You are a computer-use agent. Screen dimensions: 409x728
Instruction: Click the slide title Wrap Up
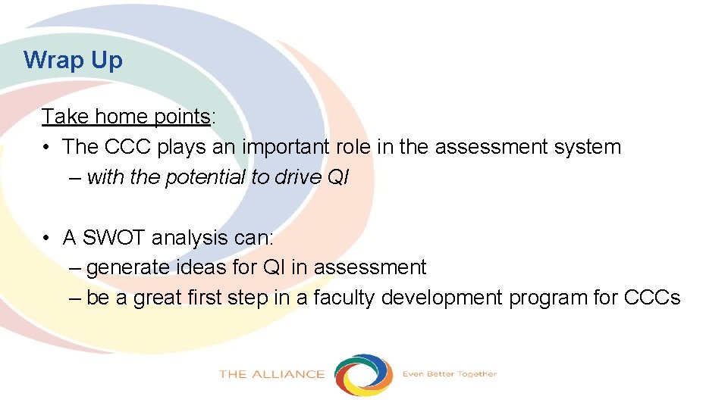click(73, 60)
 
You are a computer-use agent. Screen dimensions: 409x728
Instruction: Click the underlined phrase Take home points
click(126, 117)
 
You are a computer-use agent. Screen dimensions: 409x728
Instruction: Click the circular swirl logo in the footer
click(364, 374)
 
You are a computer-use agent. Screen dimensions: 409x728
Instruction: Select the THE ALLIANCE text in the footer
click(271, 374)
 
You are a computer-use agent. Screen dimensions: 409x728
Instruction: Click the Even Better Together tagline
click(449, 374)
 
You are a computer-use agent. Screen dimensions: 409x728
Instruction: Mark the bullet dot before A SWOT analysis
click(48, 238)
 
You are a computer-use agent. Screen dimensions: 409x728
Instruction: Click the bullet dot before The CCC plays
click(48, 147)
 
